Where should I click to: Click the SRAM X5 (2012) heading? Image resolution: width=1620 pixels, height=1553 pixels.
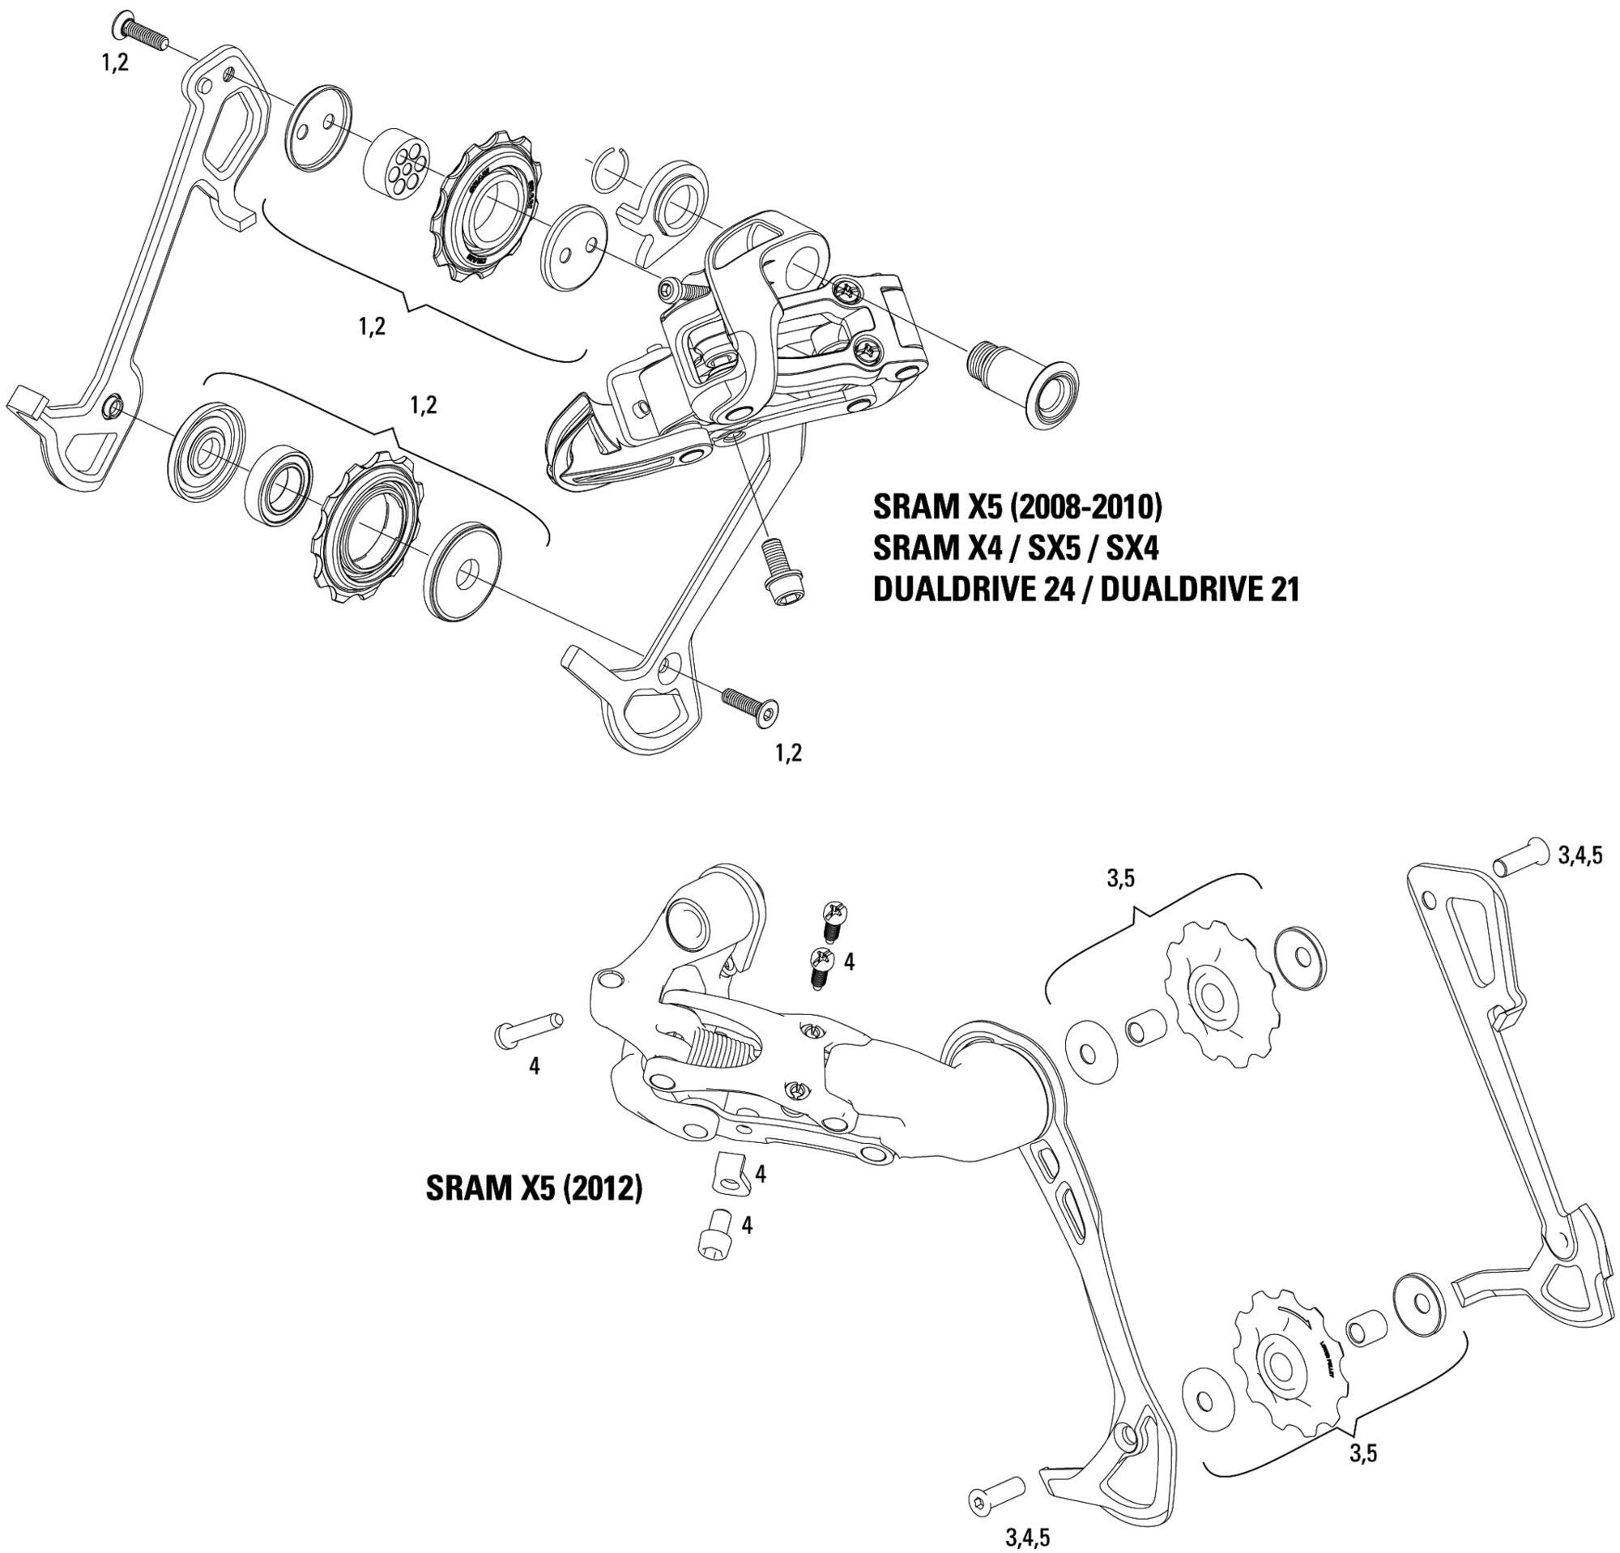tap(533, 1188)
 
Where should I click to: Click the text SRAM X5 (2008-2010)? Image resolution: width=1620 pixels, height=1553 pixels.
tap(1017, 506)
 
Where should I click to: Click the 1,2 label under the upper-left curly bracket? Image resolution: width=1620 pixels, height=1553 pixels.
tap(372, 326)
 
